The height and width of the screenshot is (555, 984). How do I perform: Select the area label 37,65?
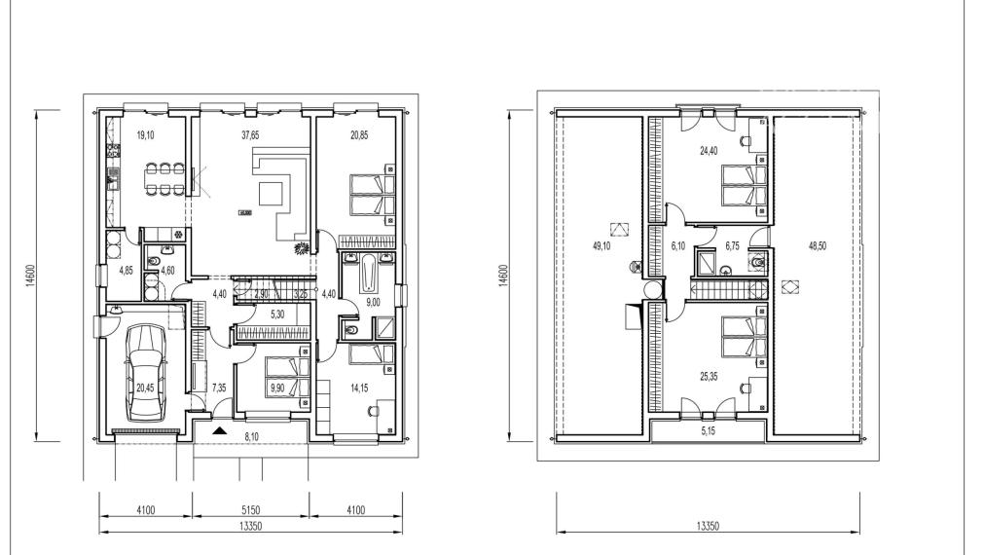250,136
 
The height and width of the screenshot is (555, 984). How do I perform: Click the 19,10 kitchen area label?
145,136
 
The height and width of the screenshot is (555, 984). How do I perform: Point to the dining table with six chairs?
165,175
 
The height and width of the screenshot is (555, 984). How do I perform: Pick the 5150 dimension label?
250,509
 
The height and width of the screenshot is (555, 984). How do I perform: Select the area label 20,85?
359,136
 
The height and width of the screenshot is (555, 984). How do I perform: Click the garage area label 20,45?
144,388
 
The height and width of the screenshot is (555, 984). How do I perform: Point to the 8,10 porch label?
250,438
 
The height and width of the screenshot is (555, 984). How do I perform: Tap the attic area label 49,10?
601,246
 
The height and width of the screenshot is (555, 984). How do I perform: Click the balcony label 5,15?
707,429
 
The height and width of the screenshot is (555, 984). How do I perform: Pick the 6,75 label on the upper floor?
734,246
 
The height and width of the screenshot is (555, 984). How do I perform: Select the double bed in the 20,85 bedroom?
368,193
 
